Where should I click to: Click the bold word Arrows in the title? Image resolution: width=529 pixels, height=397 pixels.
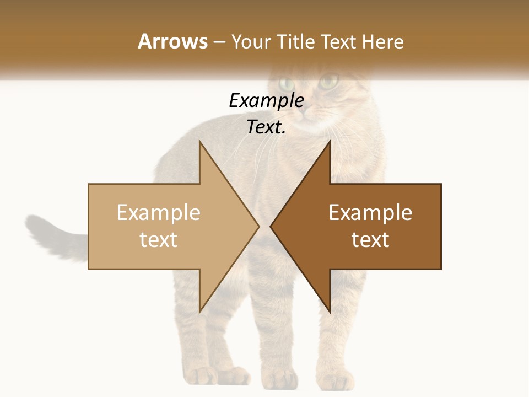point(173,41)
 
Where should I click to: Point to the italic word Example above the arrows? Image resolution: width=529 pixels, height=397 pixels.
point(266,100)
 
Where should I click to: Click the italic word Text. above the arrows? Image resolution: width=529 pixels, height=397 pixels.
point(266,127)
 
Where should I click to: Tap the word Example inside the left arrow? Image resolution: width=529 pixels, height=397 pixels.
point(159,213)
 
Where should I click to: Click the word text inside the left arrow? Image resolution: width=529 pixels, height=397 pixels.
point(159,240)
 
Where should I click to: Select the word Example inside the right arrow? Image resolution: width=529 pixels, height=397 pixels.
point(370,213)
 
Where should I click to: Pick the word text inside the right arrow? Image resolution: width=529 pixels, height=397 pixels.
point(370,240)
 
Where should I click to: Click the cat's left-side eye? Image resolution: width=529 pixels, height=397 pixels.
point(287,84)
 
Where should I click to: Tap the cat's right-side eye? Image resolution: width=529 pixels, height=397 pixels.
point(328,83)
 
